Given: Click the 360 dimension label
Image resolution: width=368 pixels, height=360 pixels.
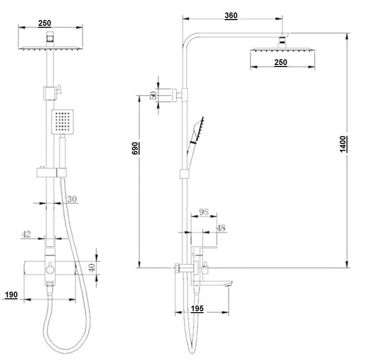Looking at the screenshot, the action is pos(231,16).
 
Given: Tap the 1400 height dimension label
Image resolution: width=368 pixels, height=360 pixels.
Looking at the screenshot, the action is pos(343,144).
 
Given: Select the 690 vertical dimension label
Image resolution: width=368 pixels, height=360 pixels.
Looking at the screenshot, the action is pos(135,148).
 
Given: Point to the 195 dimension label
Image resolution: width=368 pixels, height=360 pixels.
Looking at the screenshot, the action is pos(197,308).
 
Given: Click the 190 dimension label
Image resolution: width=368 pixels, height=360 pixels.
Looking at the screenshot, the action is pos(11,295).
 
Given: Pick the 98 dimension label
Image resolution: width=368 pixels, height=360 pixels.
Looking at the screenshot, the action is pos(204,212).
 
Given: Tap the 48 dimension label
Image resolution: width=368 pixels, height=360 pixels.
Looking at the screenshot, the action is pos(221,228).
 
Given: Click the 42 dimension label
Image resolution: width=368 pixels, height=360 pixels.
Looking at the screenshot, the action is pos(26,234).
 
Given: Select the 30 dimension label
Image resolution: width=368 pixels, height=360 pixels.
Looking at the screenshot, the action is pos(72,199).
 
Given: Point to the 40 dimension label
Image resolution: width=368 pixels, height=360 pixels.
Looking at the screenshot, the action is pos(92,268).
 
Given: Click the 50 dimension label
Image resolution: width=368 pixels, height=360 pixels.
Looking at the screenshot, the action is pos(153,96).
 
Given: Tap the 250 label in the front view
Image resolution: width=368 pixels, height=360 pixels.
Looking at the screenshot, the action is pos(44,23).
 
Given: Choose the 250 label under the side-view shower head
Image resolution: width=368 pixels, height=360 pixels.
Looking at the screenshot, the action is pos(281,62).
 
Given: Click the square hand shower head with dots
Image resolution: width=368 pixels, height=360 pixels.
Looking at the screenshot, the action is pos(63,122).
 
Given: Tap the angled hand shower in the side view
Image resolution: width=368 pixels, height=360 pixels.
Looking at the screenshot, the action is pos(195,136).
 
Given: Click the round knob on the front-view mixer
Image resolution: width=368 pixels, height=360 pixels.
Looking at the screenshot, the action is pos(50,270).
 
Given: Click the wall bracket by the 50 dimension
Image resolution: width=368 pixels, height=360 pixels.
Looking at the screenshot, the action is pos(177,95).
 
